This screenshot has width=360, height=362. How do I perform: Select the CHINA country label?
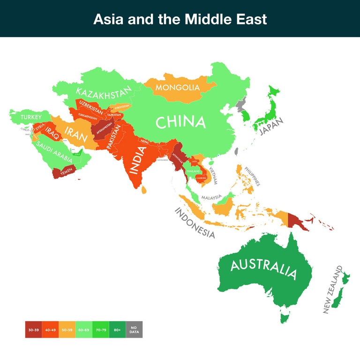(x=180, y=122)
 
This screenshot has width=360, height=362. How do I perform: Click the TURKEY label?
(x=31, y=117)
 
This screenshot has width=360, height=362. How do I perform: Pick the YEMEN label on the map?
(x=66, y=173)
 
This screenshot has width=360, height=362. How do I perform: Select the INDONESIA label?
(x=195, y=223)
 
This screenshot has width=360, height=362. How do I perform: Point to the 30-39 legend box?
(x=33, y=330)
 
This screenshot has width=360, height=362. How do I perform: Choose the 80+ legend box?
(x=117, y=330)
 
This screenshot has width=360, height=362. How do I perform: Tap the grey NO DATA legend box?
(x=134, y=330)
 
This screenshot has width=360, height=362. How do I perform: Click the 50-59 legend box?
(x=67, y=330)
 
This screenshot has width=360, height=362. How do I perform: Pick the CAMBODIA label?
(x=202, y=178)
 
